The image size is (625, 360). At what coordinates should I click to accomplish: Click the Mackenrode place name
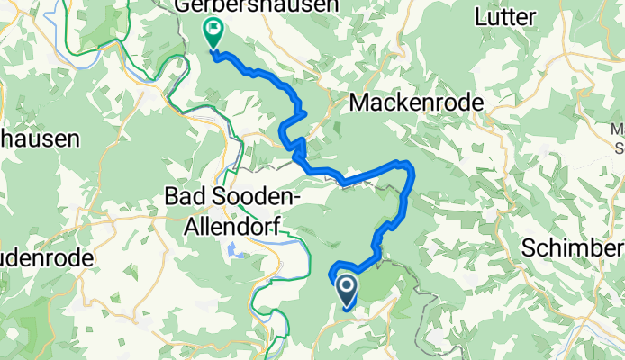[x=415, y=103]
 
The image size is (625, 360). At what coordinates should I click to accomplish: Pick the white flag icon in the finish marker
[x=213, y=28]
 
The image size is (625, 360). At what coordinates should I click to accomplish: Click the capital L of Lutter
[x=482, y=16]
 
